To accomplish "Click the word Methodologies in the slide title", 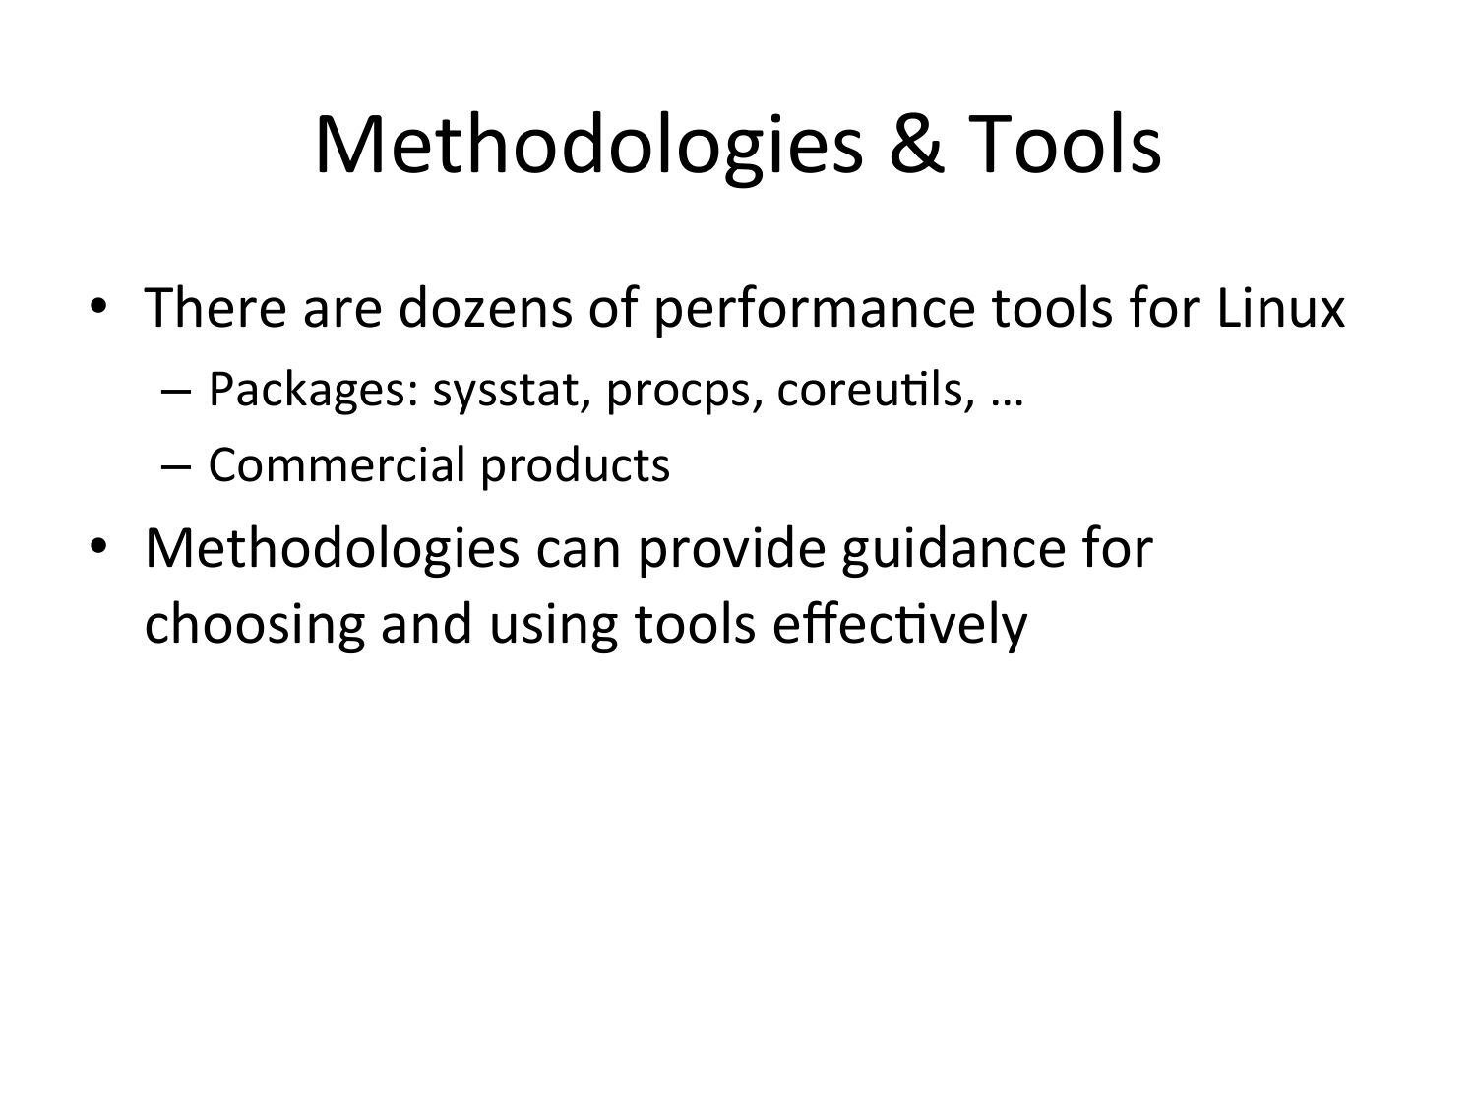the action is pos(589,148).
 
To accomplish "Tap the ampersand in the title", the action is pos(916,145).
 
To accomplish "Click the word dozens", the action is pos(485,308).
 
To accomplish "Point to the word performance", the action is pos(815,310).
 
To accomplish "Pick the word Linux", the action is pos(1281,308).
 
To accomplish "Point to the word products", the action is pos(576,466).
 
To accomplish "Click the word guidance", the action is pos(953,550).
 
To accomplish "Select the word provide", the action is pos(732,550).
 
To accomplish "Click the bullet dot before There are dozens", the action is pos(98,306).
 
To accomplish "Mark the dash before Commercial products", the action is pos(177,466).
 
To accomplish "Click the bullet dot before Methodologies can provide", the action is pos(98,546).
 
